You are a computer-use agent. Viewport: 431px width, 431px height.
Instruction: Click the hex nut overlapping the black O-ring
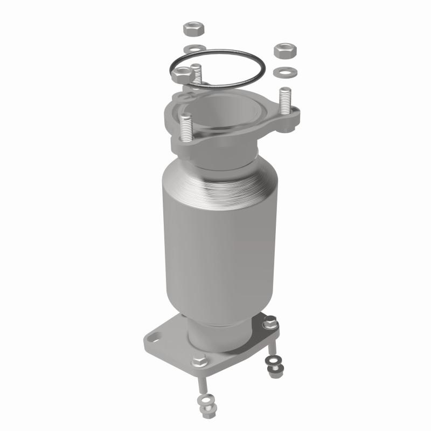(x=182, y=74)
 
